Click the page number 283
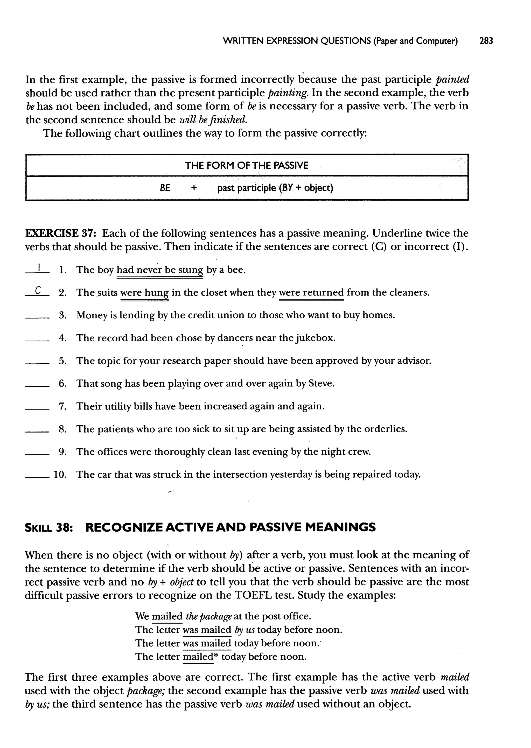coord(486,41)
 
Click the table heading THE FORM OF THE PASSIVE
coord(247,165)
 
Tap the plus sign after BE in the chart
coord(194,188)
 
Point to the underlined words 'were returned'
coord(311,292)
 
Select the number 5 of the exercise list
coord(62,361)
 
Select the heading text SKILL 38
coord(49,528)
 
